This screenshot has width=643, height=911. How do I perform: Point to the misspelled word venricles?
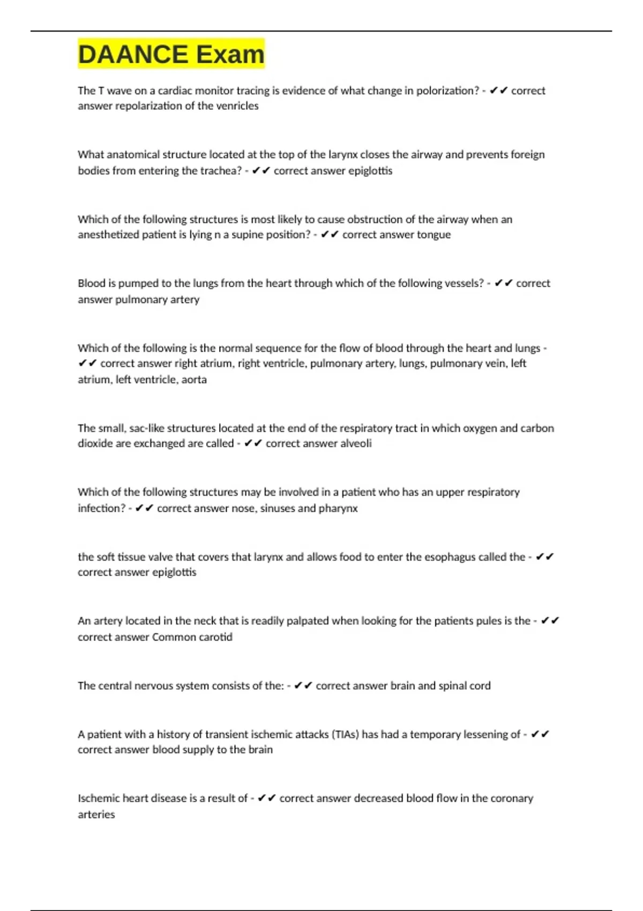pyautogui.click(x=236, y=106)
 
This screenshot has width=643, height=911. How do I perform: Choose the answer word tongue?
pyautogui.click(x=433, y=235)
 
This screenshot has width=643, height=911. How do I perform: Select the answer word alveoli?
pyautogui.click(x=355, y=444)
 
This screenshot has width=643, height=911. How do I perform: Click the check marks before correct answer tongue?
pyautogui.click(x=330, y=235)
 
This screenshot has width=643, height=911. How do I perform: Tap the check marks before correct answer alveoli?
pyautogui.click(x=253, y=444)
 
